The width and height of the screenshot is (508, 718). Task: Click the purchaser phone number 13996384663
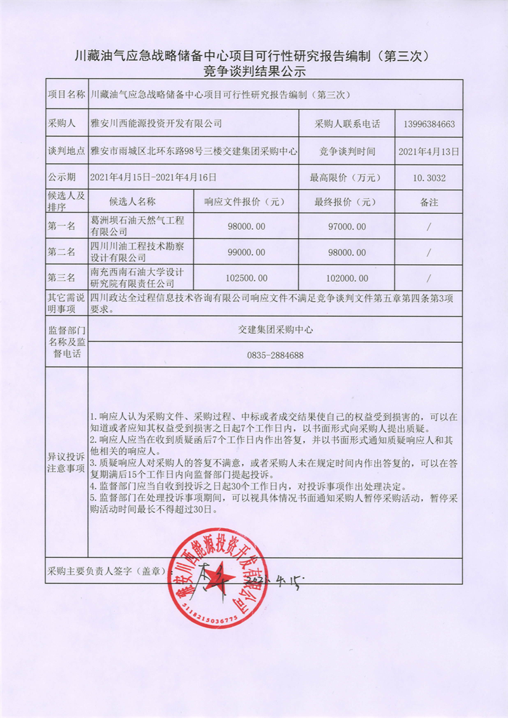coord(428,124)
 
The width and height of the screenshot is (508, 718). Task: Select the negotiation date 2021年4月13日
coord(428,152)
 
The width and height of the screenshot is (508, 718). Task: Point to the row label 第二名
coord(62,252)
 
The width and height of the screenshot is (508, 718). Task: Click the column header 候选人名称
coord(132,202)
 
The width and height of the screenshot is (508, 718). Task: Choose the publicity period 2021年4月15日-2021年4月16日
coord(154,178)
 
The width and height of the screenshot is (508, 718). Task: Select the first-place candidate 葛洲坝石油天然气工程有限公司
coord(137,226)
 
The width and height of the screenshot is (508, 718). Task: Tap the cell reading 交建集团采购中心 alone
coord(276,329)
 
